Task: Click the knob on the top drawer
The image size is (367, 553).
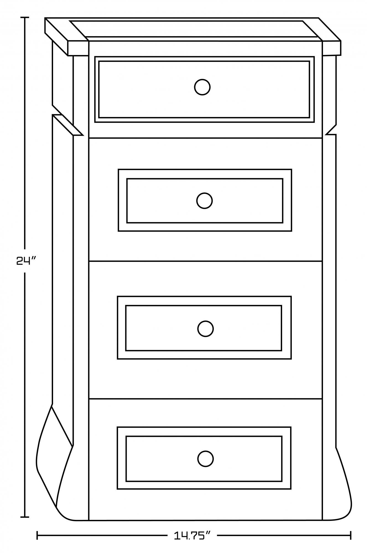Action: [x=202, y=87]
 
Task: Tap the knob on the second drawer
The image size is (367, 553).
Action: [x=204, y=200]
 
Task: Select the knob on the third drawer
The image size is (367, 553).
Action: [x=205, y=329]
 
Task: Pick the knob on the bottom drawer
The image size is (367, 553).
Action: [x=205, y=459]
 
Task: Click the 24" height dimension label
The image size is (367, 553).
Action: [x=26, y=260]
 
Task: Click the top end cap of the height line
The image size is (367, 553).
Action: [x=25, y=17]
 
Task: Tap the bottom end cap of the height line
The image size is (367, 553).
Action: [x=25, y=517]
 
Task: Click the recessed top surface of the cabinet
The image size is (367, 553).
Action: [x=194, y=28]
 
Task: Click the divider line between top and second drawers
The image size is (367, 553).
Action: [x=205, y=138]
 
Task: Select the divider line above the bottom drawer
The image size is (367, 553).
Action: [x=205, y=399]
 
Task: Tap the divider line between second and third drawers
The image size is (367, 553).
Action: [x=205, y=261]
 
